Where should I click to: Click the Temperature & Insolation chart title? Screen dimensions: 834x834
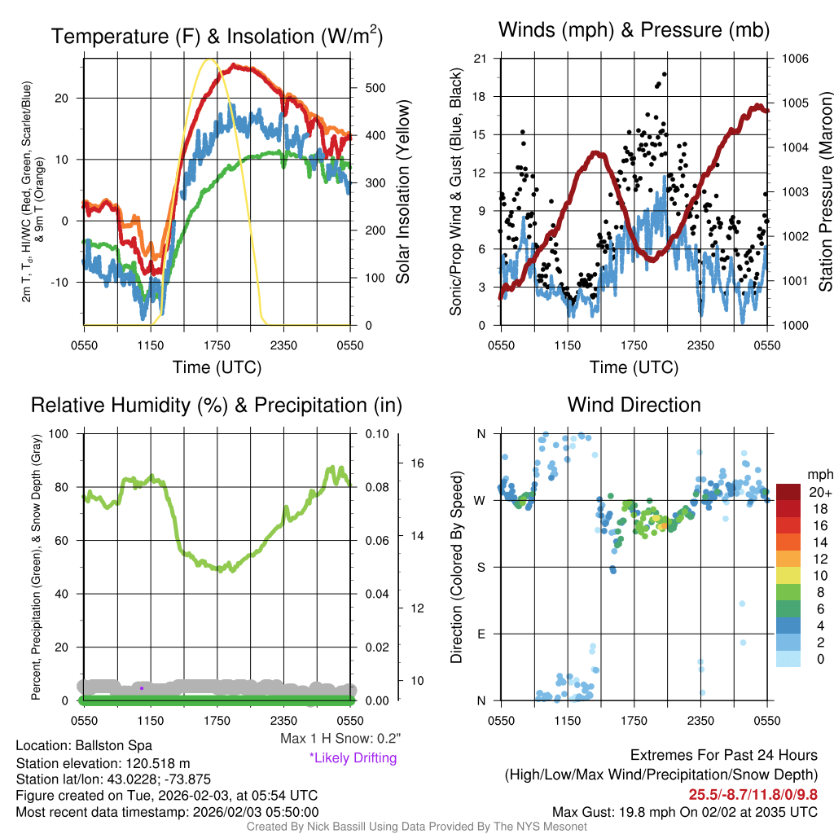coord(217,36)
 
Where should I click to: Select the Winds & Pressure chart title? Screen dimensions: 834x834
coord(634,31)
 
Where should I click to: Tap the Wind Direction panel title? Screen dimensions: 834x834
coord(634,405)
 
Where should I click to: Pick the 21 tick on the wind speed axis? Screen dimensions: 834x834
coord(481,59)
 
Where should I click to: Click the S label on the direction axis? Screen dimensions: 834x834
coord(481,567)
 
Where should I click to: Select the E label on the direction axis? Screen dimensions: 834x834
coord(481,634)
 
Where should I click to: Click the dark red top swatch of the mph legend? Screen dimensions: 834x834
coord(788,491)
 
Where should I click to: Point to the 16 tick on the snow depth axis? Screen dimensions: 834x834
coord(419,463)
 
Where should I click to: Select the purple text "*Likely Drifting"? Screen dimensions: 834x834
coord(353,758)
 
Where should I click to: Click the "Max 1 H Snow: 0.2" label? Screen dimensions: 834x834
coord(340,739)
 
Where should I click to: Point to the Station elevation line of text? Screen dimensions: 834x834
coord(103,763)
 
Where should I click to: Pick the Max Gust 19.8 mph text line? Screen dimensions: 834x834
coord(685,811)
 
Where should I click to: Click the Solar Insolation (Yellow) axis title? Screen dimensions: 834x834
coord(402,191)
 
